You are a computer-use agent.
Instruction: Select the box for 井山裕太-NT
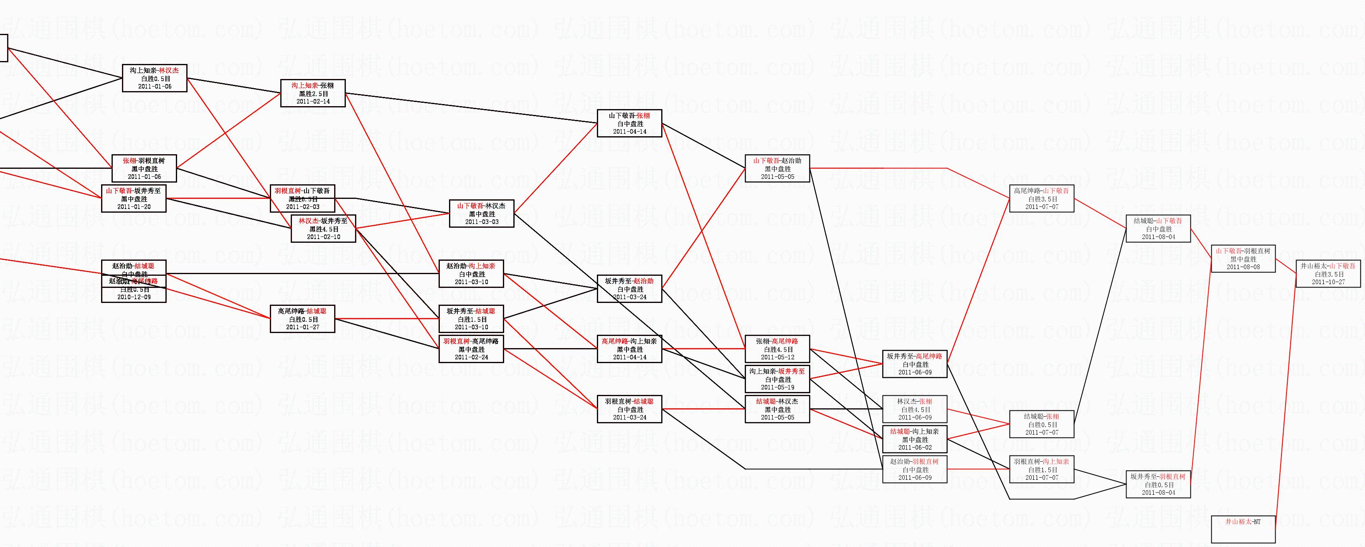1243,529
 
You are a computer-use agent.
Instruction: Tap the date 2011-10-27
1328,282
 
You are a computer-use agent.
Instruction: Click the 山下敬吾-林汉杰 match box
481,214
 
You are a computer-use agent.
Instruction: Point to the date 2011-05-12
777,357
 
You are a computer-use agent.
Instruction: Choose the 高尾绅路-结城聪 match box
302,319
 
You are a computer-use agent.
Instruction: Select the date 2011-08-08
1243,267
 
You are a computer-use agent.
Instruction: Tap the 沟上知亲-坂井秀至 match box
777,379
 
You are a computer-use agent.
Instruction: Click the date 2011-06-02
915,448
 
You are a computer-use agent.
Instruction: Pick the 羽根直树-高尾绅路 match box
471,349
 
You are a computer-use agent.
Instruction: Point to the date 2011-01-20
134,207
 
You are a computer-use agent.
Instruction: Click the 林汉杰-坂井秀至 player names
323,221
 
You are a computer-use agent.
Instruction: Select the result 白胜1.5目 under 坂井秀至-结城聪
471,320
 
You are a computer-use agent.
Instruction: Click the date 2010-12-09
134,298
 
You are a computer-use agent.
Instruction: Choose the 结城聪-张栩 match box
1041,425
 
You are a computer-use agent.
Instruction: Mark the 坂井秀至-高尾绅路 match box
915,364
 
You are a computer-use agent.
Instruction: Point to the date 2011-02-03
302,207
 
